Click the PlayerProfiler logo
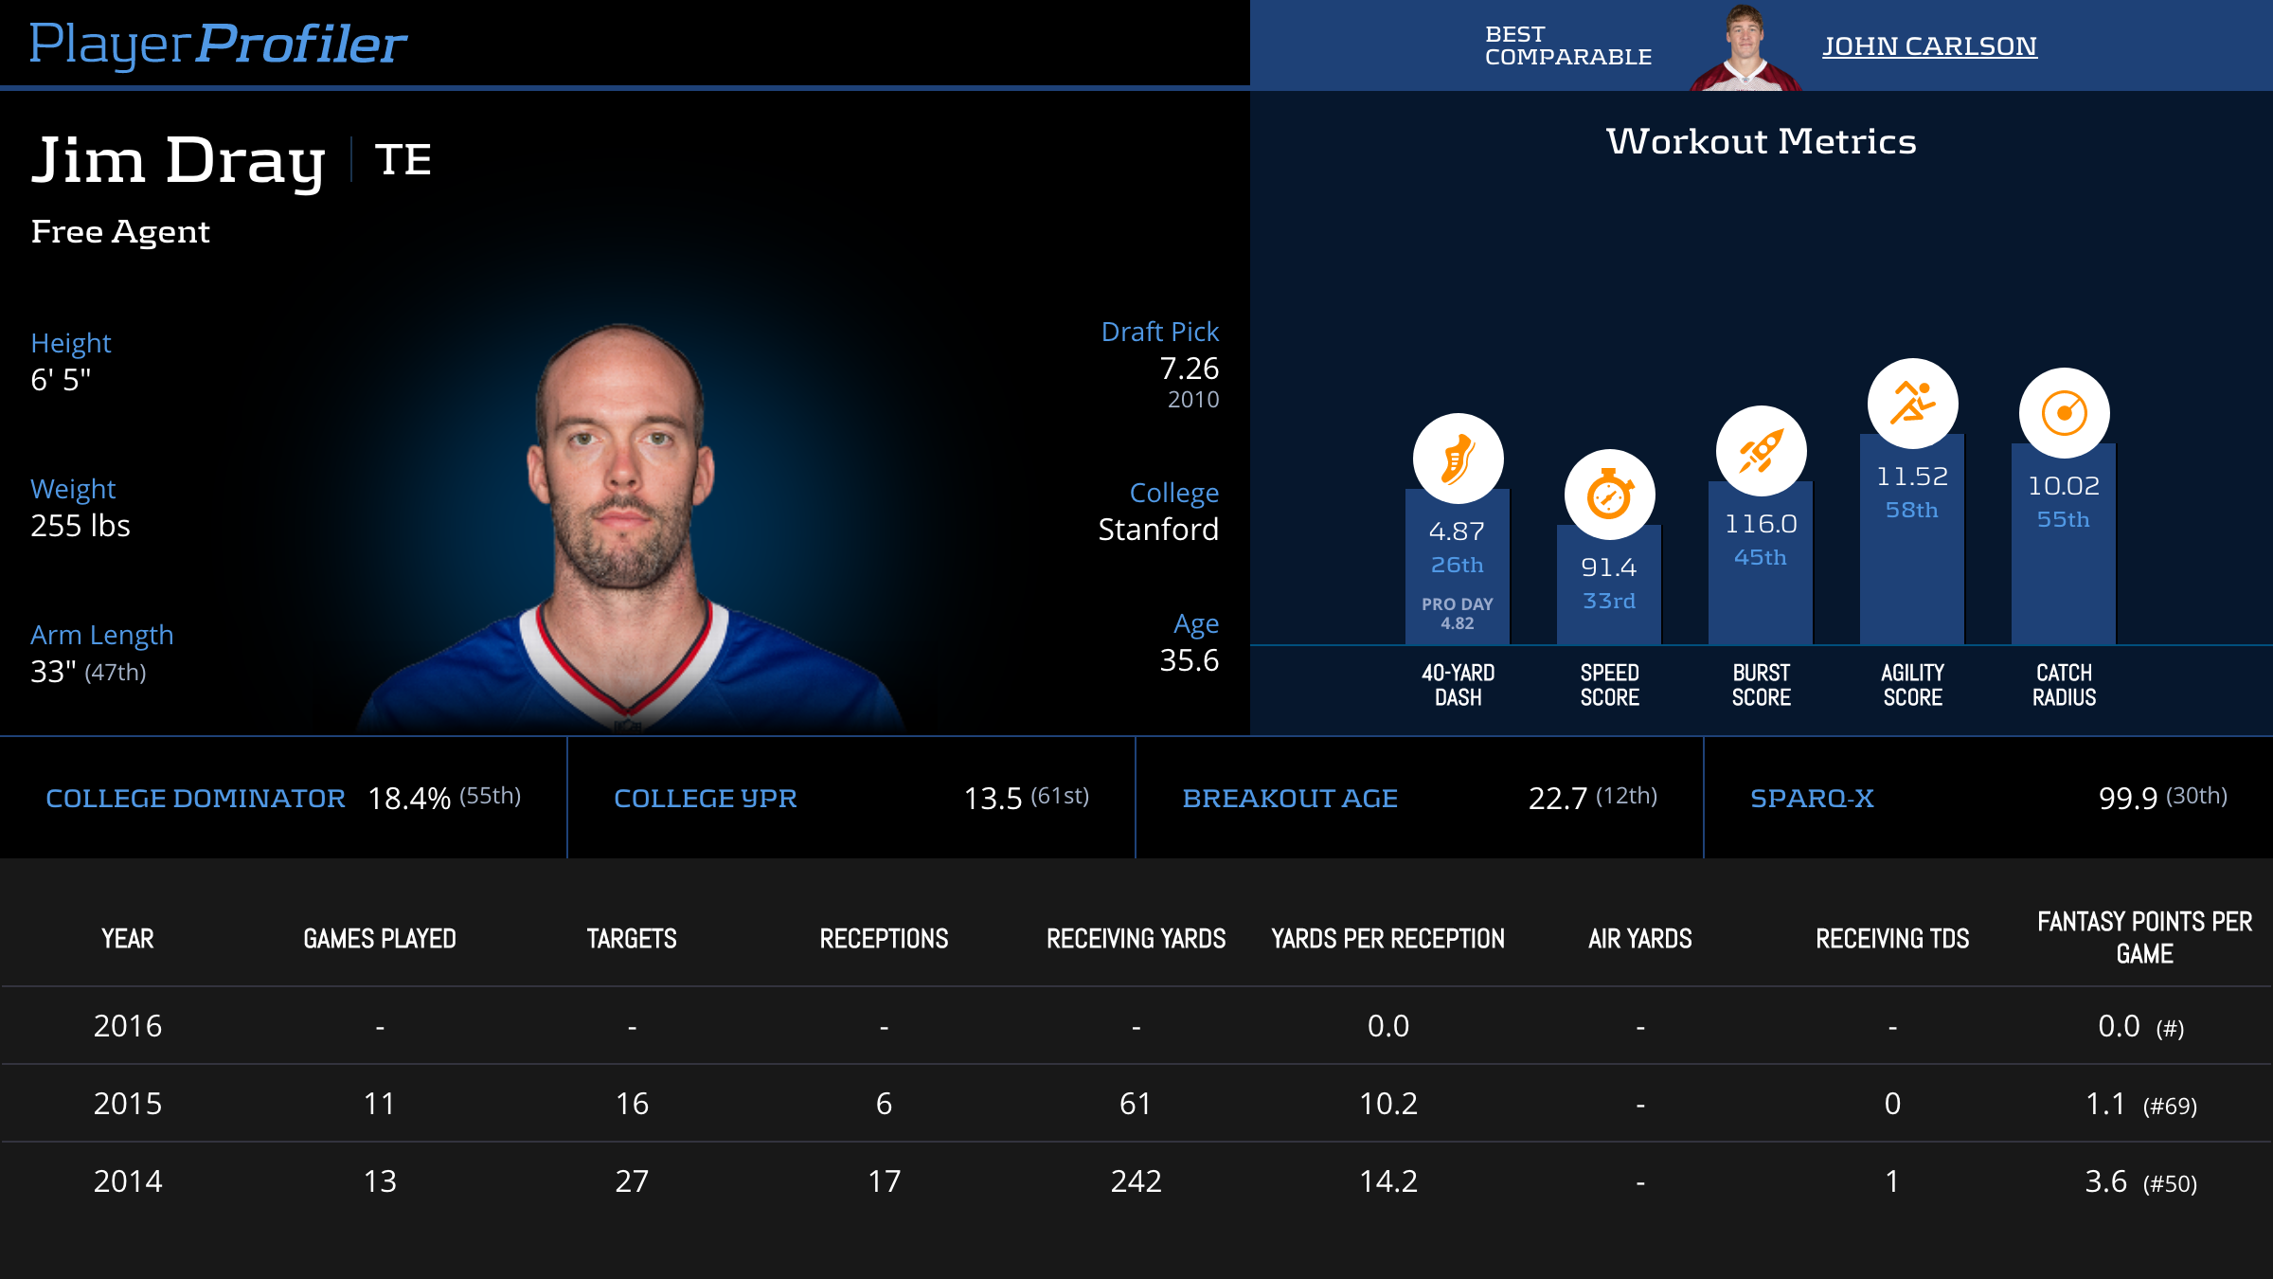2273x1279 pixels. pyautogui.click(x=218, y=44)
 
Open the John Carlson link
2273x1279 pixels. pyautogui.click(x=1929, y=45)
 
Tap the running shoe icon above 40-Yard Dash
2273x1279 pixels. pyautogui.click(x=1458, y=459)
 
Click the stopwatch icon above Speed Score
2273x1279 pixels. pyautogui.click(x=1609, y=495)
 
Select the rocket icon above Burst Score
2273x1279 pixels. pyautogui.click(x=1761, y=451)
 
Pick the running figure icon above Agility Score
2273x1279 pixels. pyautogui.click(x=1912, y=404)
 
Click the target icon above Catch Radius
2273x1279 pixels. pyautogui.click(x=2064, y=413)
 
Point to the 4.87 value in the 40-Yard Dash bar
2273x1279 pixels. pyautogui.click(x=1457, y=531)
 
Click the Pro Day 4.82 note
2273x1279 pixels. pyautogui.click(x=1457, y=613)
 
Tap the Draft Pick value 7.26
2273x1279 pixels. pyautogui.click(x=1189, y=369)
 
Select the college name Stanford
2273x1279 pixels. pyautogui.click(x=1157, y=530)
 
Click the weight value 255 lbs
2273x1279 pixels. pyautogui.click(x=81, y=526)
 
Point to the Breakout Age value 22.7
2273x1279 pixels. pyautogui.click(x=1557, y=799)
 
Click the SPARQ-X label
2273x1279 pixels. pyautogui.click(x=1812, y=799)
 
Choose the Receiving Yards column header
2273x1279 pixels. pyautogui.click(x=1136, y=939)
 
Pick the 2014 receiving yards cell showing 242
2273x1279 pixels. pyautogui.click(x=1136, y=1181)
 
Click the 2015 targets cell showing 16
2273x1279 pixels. pyautogui.click(x=632, y=1104)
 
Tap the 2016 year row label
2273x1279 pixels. pyautogui.click(x=128, y=1026)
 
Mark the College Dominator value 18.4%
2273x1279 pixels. pyautogui.click(x=409, y=799)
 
